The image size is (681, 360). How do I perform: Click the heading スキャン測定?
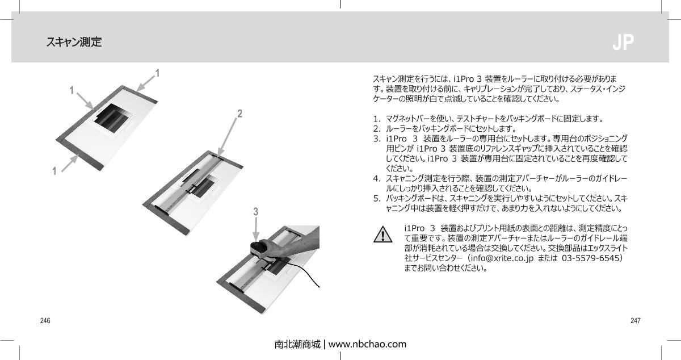74,42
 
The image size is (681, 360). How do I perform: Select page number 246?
45,321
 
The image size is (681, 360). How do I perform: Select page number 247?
636,321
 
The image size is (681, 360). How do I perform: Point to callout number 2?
239,114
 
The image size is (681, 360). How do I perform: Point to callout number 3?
256,212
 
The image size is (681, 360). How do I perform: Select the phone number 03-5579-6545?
590,258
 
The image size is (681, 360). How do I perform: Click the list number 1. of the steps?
377,119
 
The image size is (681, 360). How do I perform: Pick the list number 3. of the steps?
377,139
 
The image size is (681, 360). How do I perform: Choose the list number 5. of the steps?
377,198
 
